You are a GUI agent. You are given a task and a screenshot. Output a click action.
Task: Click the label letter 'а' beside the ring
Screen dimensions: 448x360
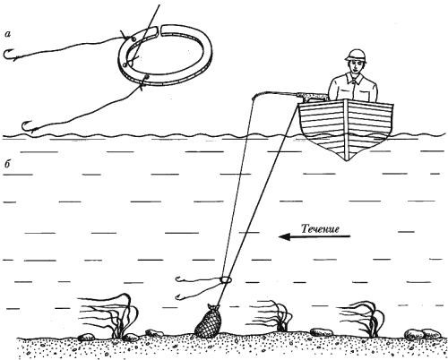pyautogui.click(x=8, y=35)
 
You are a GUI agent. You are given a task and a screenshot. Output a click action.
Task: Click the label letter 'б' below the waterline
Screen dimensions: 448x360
pyautogui.click(x=7, y=164)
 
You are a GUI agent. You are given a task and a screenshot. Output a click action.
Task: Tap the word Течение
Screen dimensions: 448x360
pyautogui.click(x=320, y=229)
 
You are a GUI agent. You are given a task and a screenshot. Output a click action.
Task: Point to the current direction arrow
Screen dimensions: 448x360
pyautogui.click(x=314, y=237)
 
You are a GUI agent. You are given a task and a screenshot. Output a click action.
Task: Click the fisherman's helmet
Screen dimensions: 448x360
pyautogui.click(x=356, y=56)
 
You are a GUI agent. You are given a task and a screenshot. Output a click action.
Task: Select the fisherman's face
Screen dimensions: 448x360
pyautogui.click(x=356, y=66)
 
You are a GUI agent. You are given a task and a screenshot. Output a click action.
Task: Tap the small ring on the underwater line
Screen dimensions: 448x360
pyautogui.click(x=226, y=279)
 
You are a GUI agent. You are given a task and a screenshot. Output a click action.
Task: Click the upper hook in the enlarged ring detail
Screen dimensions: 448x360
pyautogui.click(x=10, y=55)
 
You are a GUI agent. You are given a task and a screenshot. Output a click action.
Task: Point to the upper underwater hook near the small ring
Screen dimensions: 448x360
pyautogui.click(x=180, y=280)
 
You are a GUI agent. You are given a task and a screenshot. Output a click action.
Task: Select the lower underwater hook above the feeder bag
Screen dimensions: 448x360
pyautogui.click(x=180, y=296)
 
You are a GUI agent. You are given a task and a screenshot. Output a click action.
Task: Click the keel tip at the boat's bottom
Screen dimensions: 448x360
pyautogui.click(x=346, y=160)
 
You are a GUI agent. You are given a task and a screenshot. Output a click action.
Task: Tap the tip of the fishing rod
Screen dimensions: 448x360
pyautogui.click(x=254, y=97)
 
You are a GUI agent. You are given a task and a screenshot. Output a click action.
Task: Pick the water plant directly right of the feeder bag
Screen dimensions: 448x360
pyautogui.click(x=275, y=316)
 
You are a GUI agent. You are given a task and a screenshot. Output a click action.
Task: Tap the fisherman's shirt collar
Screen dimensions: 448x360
pyautogui.click(x=356, y=78)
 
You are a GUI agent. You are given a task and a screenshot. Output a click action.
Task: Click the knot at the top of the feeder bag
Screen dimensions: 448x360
pyautogui.click(x=212, y=306)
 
